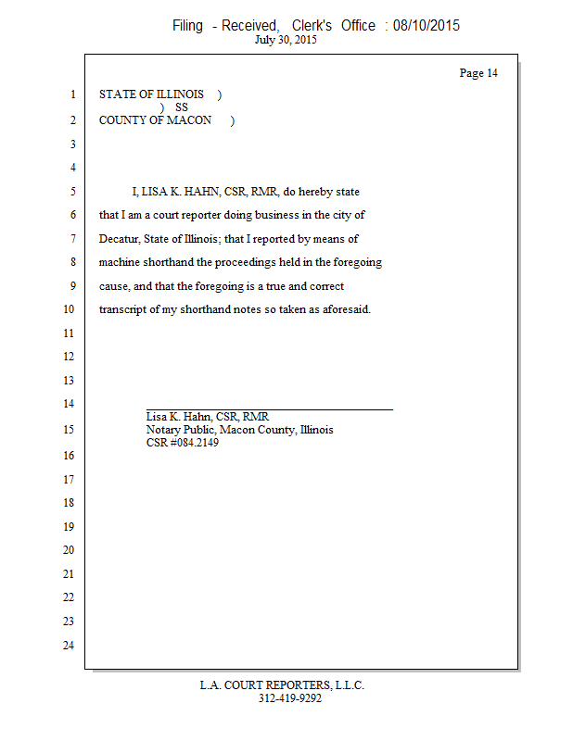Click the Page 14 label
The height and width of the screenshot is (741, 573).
tap(478, 73)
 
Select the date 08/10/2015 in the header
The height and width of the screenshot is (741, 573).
tap(427, 26)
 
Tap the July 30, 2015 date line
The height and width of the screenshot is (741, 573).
tap(286, 41)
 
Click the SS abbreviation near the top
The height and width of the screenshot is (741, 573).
tap(182, 107)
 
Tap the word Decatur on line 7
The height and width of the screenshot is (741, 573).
tap(120, 239)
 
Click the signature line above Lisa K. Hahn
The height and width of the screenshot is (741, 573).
tap(269, 408)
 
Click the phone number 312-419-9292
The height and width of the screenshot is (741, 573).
tap(289, 698)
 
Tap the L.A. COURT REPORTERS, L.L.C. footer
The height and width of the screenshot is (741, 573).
tap(282, 685)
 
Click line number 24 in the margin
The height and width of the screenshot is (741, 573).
tap(68, 646)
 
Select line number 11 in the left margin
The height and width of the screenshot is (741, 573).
tap(68, 333)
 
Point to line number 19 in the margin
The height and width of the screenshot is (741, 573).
tap(68, 527)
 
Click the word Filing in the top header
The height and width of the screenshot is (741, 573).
tap(187, 26)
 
